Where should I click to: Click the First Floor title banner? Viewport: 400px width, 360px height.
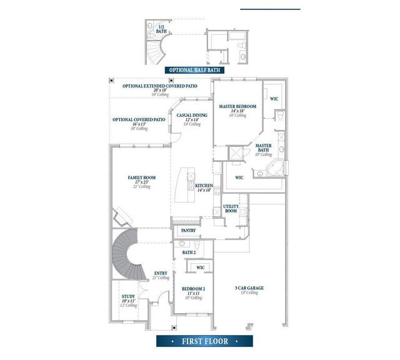click(x=204, y=341)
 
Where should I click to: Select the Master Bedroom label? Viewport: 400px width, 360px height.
click(x=237, y=107)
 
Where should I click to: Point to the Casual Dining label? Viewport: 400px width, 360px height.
click(x=192, y=116)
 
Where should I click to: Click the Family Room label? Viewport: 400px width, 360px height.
click(x=141, y=178)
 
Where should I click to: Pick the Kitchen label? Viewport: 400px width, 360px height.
click(x=204, y=186)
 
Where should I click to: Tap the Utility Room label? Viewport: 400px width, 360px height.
click(x=231, y=209)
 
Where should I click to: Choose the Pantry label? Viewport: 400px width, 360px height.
click(x=189, y=231)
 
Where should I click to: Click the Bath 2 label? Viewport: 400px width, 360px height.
click(x=189, y=252)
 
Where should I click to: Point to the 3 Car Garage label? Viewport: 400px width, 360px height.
click(x=248, y=288)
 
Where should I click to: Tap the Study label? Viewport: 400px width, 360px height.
click(x=128, y=297)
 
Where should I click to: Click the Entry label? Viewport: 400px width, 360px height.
click(x=161, y=273)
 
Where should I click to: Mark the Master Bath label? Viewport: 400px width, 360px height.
click(x=264, y=148)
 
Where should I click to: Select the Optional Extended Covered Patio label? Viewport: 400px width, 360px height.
click(x=160, y=86)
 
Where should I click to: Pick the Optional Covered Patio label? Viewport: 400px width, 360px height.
click(x=139, y=119)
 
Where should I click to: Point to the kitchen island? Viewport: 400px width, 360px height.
click(x=186, y=184)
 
